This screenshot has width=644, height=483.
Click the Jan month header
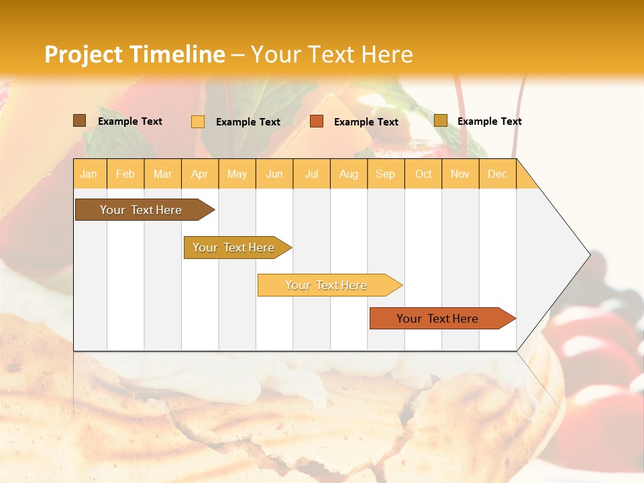click(89, 174)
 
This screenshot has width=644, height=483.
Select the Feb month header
click(125, 174)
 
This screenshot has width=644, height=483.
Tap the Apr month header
click(200, 174)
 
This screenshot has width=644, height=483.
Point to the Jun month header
click(274, 174)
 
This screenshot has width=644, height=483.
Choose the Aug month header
click(349, 174)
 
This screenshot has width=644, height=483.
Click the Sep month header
click(386, 174)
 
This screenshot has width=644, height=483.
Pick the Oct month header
click(423, 174)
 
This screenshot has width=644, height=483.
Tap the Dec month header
click(498, 174)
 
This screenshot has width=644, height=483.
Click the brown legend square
click(80, 121)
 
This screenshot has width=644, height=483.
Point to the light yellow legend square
click(198, 121)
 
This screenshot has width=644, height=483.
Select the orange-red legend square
click(317, 121)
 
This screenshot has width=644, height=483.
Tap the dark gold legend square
click(441, 121)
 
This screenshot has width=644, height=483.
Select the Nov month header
click(460, 174)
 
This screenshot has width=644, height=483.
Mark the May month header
click(237, 174)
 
